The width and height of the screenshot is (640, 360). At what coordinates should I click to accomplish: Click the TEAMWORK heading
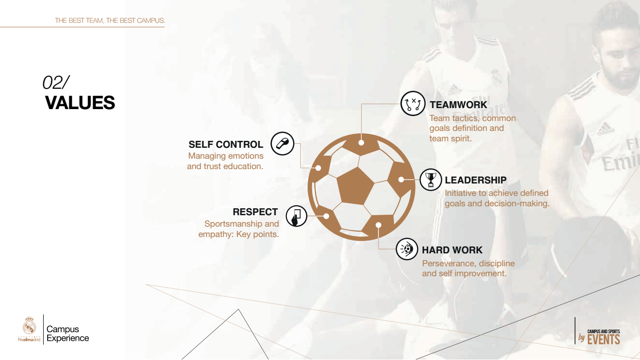coord(458,105)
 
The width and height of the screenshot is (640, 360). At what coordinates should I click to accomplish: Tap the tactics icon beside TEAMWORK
coord(413,104)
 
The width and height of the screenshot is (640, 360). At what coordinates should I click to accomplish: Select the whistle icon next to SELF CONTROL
coord(283,144)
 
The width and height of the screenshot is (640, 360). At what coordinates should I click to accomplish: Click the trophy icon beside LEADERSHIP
coord(431,180)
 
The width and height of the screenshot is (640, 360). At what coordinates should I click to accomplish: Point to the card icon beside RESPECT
coord(296,216)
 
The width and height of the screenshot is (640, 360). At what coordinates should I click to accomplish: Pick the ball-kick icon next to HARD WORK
coord(407,249)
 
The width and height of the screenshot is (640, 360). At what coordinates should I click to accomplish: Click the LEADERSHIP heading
coord(475,180)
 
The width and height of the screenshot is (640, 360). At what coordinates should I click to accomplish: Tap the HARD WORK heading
coord(452,250)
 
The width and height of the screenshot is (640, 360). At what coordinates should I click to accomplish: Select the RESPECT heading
coord(255,212)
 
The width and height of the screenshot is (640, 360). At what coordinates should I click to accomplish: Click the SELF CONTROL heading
coord(226,144)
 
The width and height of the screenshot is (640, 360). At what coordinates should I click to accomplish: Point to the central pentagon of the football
coord(355,186)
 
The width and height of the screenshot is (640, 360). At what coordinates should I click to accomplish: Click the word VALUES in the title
coord(80,103)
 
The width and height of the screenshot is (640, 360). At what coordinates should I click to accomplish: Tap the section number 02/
coord(56,82)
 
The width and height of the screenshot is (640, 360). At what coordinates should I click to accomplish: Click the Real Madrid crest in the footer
coord(29,325)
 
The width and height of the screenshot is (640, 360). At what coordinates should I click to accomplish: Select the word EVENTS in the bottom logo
coord(603,340)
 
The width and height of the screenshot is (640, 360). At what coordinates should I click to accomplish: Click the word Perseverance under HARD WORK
coord(448,263)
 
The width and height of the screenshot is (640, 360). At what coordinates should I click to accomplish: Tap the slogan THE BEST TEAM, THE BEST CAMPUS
coord(110,20)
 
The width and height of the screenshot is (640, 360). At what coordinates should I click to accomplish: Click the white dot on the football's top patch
coord(361,143)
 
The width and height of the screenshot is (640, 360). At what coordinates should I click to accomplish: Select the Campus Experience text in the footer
coord(67,333)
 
